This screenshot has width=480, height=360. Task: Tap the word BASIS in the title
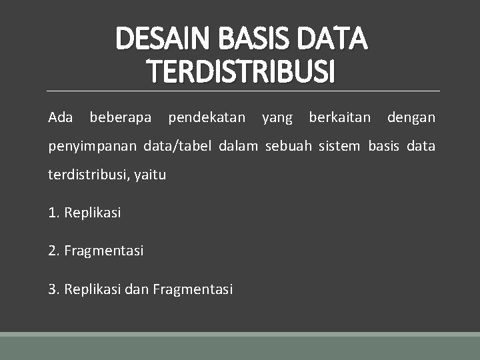pyautogui.click(x=256, y=39)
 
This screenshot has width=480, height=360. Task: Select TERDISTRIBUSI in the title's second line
pyautogui.click(x=241, y=71)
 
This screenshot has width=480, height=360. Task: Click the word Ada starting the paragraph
pyautogui.click(x=61, y=118)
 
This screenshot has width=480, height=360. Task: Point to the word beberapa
pyautogui.click(x=120, y=118)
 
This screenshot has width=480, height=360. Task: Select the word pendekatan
pyautogui.click(x=207, y=118)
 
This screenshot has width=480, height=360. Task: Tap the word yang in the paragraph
pyautogui.click(x=277, y=119)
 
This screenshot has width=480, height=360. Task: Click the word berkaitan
pyautogui.click(x=339, y=118)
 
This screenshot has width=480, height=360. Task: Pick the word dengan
pyautogui.click(x=411, y=119)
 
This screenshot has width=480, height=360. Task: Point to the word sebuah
pyautogui.click(x=288, y=146)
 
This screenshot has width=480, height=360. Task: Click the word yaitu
pyautogui.click(x=150, y=175)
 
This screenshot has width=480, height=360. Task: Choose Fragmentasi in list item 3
pyautogui.click(x=193, y=289)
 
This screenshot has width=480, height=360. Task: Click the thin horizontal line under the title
pyautogui.click(x=243, y=91)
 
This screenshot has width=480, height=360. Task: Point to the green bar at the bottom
pyautogui.click(x=240, y=347)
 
